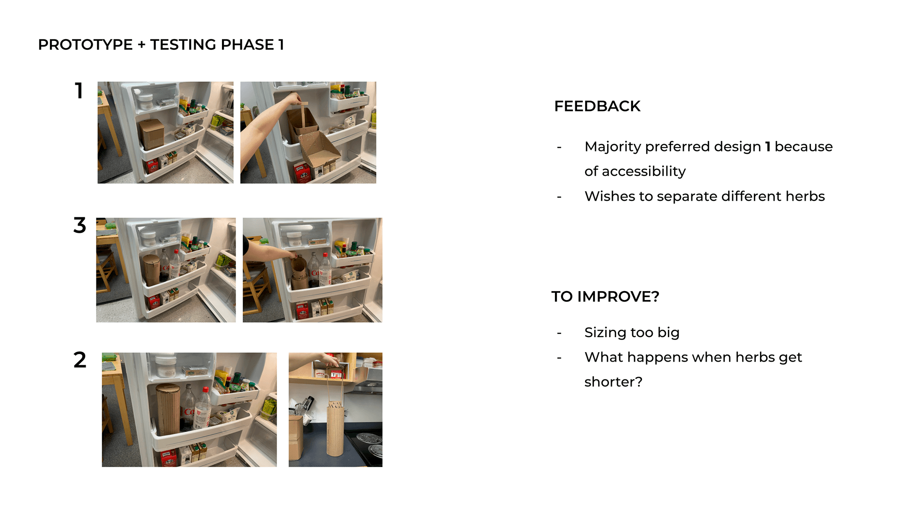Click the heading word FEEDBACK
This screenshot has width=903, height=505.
597,106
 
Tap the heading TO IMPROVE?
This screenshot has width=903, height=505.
605,297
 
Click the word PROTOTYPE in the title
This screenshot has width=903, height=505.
85,45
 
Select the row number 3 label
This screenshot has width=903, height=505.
79,225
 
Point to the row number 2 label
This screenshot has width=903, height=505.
80,360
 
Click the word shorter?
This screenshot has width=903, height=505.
613,382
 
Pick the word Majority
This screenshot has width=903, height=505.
612,147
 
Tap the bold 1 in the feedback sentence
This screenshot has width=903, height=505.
768,147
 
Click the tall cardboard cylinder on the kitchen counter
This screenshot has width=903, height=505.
335,428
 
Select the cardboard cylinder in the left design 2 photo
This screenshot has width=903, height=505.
168,409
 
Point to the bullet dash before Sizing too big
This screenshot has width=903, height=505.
559,333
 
